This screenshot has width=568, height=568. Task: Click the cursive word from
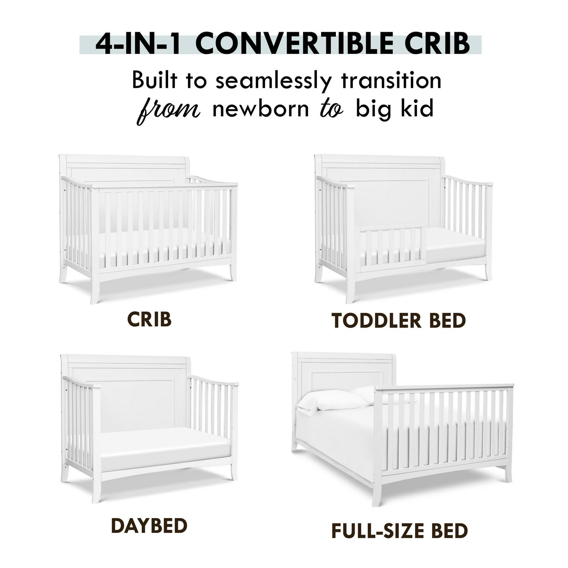point(169,110)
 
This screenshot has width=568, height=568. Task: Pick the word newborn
point(261,109)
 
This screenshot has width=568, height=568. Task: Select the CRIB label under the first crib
point(149,320)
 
